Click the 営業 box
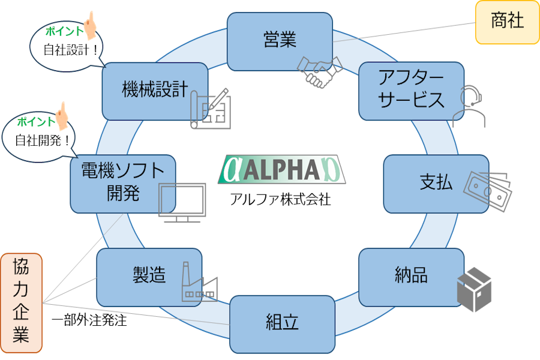[280, 41]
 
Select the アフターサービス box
[412, 90]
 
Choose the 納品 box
[411, 277]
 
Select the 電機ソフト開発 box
[122, 184]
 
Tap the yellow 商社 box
[507, 23]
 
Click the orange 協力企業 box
[21, 302]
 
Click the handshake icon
[320, 70]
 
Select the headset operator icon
[469, 106]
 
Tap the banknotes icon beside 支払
[488, 190]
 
